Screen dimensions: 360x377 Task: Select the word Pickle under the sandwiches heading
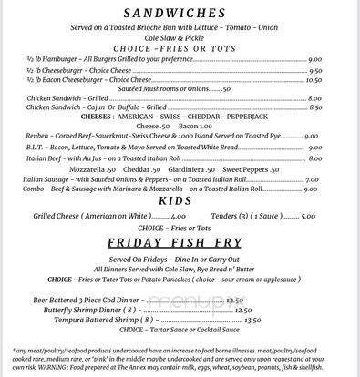206,40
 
